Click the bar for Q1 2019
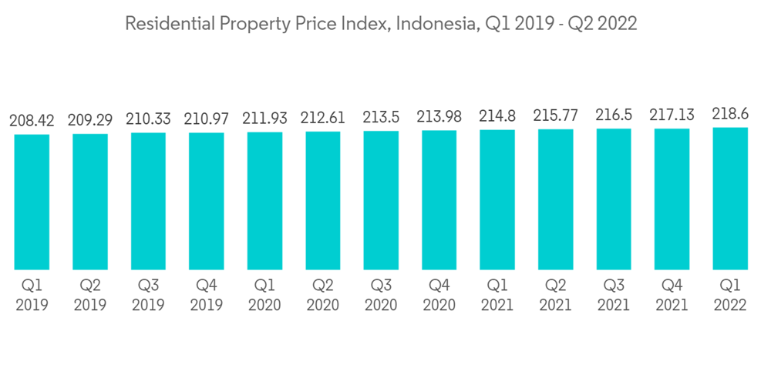point(32,202)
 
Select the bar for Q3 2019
point(148,201)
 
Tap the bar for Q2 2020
point(322,200)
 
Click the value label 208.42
point(32,121)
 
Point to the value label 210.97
point(206,119)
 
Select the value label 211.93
point(264,119)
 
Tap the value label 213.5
point(381,117)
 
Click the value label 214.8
point(497,116)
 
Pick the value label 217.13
point(672,115)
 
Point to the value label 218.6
point(730,114)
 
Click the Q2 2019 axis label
point(90,295)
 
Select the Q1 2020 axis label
point(264,295)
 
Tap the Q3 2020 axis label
point(381,295)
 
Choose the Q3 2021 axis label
point(614,295)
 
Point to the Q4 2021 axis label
point(672,295)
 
